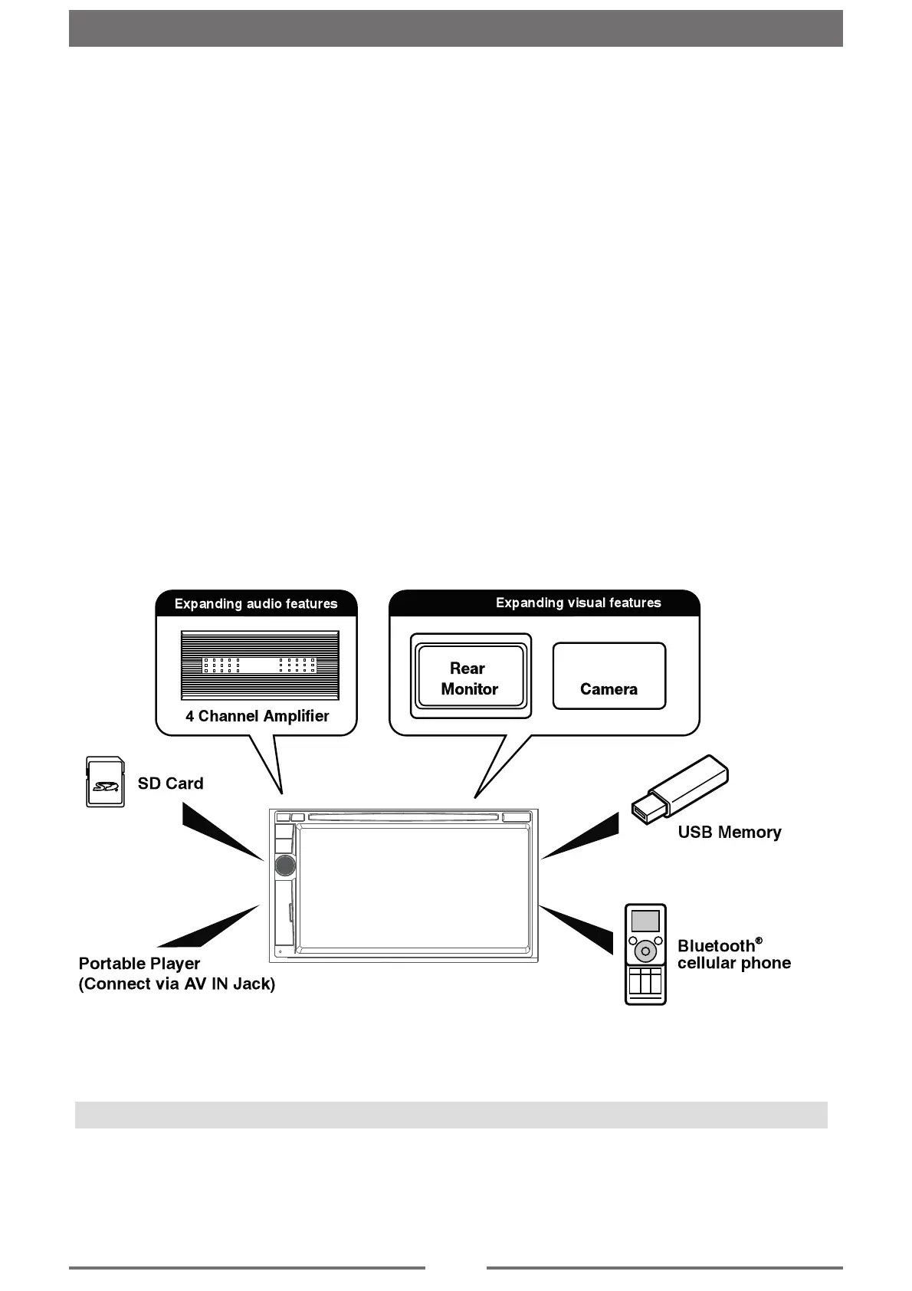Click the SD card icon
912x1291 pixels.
click(103, 782)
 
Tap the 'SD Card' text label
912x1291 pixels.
click(170, 783)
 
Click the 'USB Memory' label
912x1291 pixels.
click(729, 833)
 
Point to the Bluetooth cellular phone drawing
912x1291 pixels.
click(645, 954)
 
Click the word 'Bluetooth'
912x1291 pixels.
click(716, 946)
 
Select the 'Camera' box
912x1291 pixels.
click(609, 676)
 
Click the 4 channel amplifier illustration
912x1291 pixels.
click(260, 665)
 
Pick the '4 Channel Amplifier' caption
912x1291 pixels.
click(257, 716)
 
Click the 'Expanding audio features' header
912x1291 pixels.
click(256, 604)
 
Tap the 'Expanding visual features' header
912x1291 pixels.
click(578, 603)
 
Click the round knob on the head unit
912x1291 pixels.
click(284, 865)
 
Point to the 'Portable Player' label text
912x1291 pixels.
click(139, 964)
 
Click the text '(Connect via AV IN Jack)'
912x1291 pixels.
click(177, 984)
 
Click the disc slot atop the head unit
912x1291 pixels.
click(403, 817)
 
